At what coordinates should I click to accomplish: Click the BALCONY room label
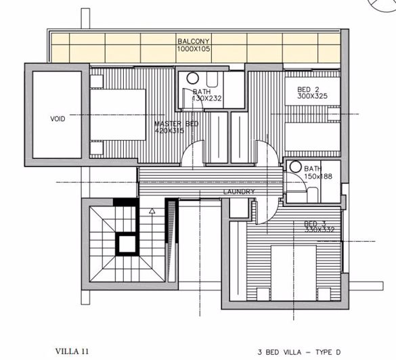pyautogui.click(x=192, y=41)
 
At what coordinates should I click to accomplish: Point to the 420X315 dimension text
pyautogui.click(x=171, y=131)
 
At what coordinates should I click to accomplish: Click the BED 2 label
pyautogui.click(x=309, y=89)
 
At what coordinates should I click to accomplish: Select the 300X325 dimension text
pyautogui.click(x=312, y=97)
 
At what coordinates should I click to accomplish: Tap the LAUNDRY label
pyautogui.click(x=239, y=192)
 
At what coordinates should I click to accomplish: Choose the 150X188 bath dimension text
pyautogui.click(x=316, y=177)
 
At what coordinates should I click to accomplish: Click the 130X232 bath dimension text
pyautogui.click(x=207, y=99)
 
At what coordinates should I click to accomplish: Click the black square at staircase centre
pyautogui.click(x=125, y=242)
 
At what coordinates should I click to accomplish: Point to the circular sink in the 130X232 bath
pyautogui.click(x=192, y=78)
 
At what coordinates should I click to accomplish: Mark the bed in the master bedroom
pyautogui.click(x=118, y=113)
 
